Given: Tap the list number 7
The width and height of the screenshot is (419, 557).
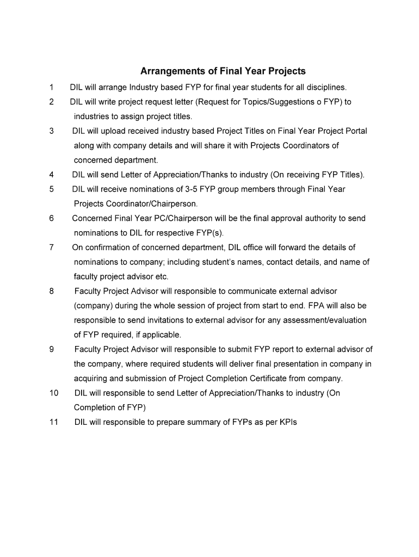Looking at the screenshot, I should [51, 247].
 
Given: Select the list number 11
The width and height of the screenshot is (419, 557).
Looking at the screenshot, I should [53, 422].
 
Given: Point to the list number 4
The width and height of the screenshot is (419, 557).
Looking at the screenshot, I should [51, 175].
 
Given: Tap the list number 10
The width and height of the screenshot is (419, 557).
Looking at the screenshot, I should [53, 393].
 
